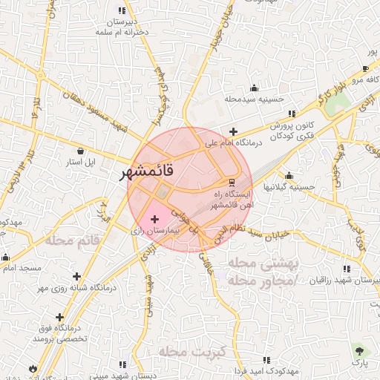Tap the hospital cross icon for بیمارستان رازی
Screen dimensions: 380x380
(x=154, y=219)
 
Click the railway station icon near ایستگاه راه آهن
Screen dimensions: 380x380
(x=232, y=182)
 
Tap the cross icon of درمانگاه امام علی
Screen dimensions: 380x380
(x=233, y=131)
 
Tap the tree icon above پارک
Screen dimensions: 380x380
(x=360, y=350)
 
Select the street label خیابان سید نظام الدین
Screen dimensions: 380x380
(x=251, y=236)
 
